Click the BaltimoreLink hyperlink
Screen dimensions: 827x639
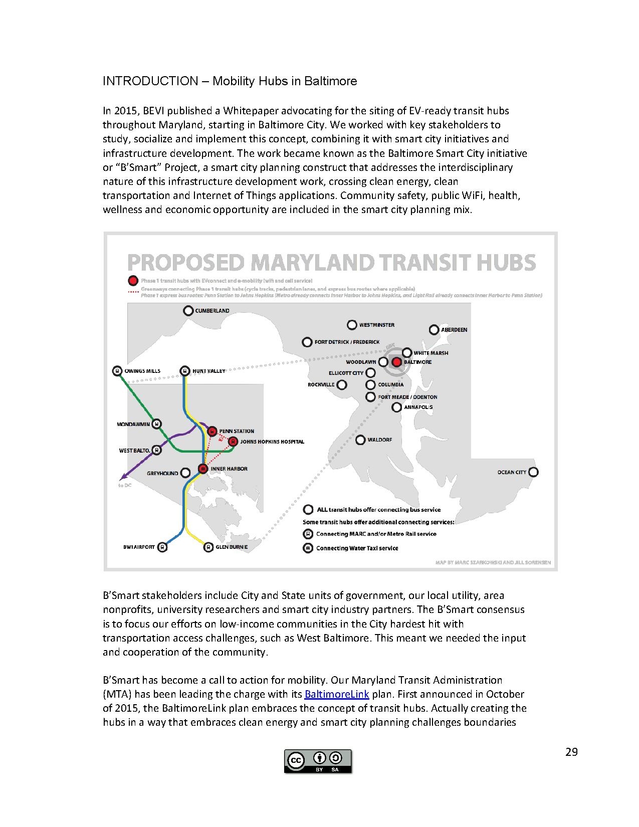336,694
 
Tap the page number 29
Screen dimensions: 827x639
571,752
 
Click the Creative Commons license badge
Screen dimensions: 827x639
318,761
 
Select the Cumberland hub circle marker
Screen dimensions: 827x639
188,311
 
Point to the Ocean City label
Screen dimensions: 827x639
512,472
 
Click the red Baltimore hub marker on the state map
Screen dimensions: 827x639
396,362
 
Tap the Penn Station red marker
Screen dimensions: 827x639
212,431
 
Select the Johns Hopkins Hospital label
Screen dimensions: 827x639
272,442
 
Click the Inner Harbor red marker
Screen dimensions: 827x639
203,469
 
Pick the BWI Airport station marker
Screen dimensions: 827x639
162,547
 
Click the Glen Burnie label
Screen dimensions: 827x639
232,547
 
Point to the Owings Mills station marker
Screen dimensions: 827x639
117,371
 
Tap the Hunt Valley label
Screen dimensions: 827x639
209,371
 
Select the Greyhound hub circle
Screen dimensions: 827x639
185,473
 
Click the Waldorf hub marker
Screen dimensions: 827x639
360,440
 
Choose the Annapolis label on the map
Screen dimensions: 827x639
418,407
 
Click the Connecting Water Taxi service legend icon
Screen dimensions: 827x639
308,548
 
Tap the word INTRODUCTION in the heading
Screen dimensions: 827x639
150,81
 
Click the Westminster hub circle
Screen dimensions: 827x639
352,325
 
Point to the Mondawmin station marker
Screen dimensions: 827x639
156,424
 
